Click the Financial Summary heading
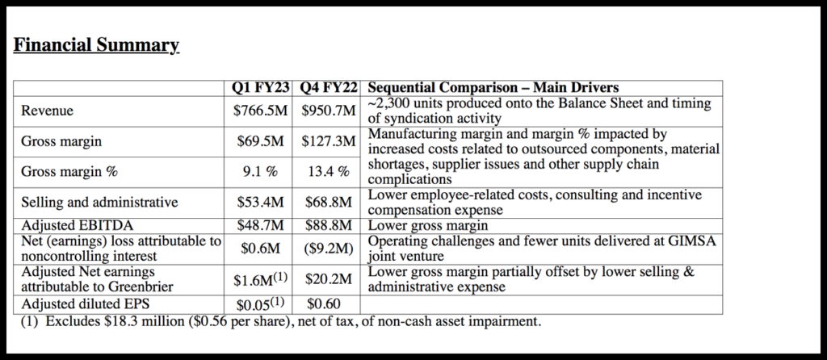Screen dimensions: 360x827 (96, 44)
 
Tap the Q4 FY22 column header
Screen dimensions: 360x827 (329, 87)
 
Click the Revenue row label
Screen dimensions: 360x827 (49, 111)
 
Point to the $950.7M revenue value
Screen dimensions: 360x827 (329, 111)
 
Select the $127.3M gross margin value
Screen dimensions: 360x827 (329, 141)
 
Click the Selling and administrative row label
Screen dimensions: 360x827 (99, 202)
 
